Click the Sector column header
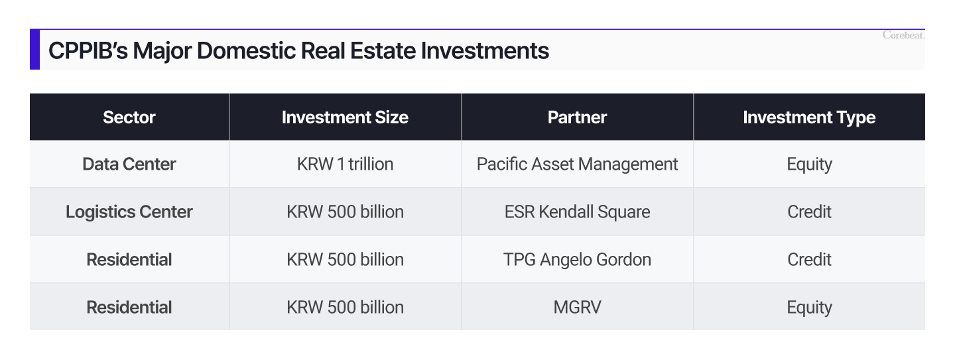pos(129,117)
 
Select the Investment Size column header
pos(345,117)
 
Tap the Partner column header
pos(577,117)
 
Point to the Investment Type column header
pos(809,117)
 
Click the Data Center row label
pos(129,164)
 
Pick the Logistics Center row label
pos(129,211)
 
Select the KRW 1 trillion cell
pos(345,164)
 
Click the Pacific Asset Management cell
pos(577,164)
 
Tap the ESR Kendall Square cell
pos(577,211)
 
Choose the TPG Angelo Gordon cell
pos(577,259)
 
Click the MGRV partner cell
pos(577,307)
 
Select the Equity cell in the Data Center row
pos(809,164)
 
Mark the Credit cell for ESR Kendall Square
pos(809,211)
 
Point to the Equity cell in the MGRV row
pos(809,307)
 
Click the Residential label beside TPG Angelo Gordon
pos(129,259)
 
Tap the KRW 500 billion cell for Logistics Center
pos(345,211)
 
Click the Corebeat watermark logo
pos(903,35)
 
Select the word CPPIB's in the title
pos(88,50)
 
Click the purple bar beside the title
pos(34,50)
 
